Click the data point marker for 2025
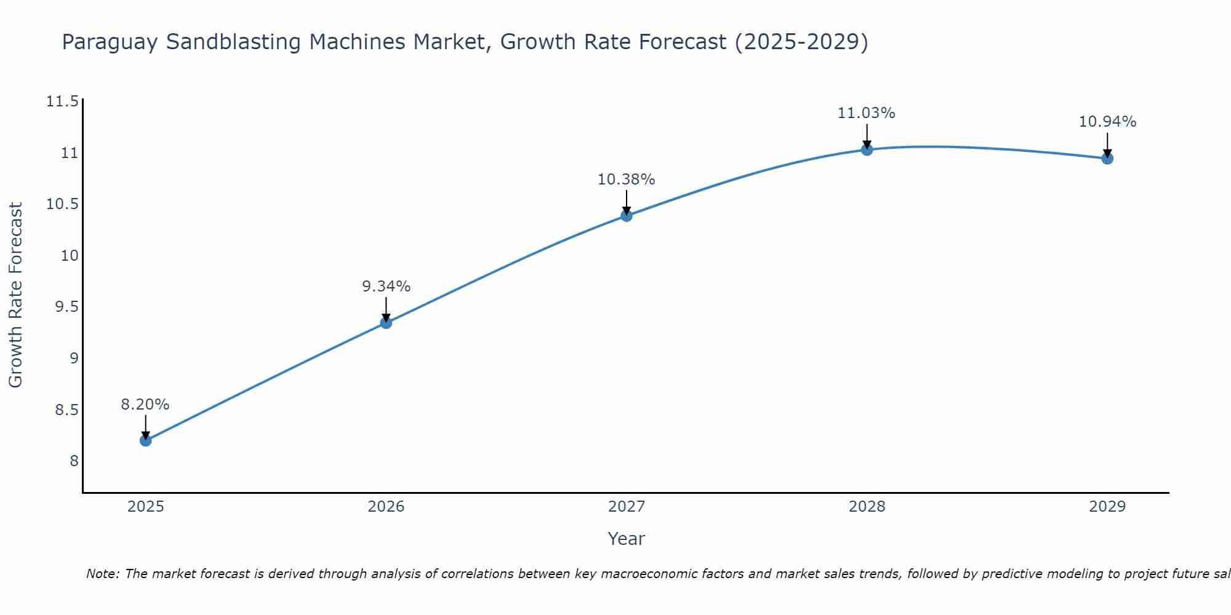[x=146, y=440]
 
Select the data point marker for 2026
[x=386, y=322]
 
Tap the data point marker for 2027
[x=627, y=215]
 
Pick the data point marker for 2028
[x=867, y=149]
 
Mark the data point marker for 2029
[x=1107, y=158]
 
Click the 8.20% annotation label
[x=145, y=405]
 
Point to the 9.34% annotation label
[x=386, y=287]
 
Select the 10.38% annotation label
[x=627, y=180]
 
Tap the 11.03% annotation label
[x=867, y=113]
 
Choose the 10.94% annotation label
[x=1107, y=122]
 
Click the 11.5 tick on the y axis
[x=63, y=101]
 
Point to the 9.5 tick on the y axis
[x=67, y=307]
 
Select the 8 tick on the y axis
[x=74, y=461]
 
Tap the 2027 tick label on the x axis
[x=627, y=507]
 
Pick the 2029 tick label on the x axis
[x=1107, y=507]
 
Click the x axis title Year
[x=627, y=539]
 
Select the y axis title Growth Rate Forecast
[x=15, y=295]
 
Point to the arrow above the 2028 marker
[x=867, y=135]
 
